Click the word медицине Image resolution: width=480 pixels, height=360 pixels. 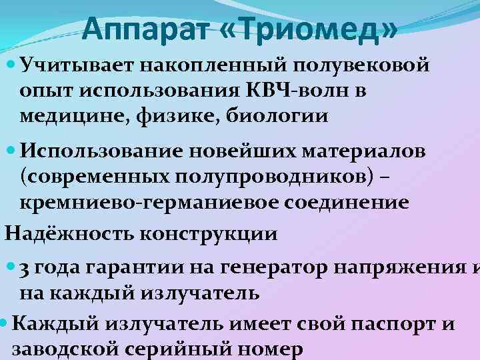pos(63,115)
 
